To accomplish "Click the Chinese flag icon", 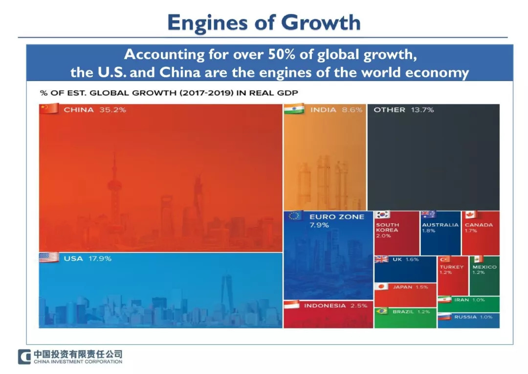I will [48, 109].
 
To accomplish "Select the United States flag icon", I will [48, 257].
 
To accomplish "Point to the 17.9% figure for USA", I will [100, 258].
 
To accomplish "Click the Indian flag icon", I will [294, 109].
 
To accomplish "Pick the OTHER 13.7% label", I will [403, 110].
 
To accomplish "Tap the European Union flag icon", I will [294, 215].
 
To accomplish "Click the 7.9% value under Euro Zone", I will [319, 225].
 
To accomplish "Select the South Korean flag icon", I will [382, 214].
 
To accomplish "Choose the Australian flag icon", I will [428, 214].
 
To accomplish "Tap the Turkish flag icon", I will [444, 259].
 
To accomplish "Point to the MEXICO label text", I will [484, 267].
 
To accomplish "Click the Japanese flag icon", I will [381, 286].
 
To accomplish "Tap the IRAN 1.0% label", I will [468, 300].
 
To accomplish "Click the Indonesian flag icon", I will [291, 304].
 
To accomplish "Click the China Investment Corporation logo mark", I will [24, 357].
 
